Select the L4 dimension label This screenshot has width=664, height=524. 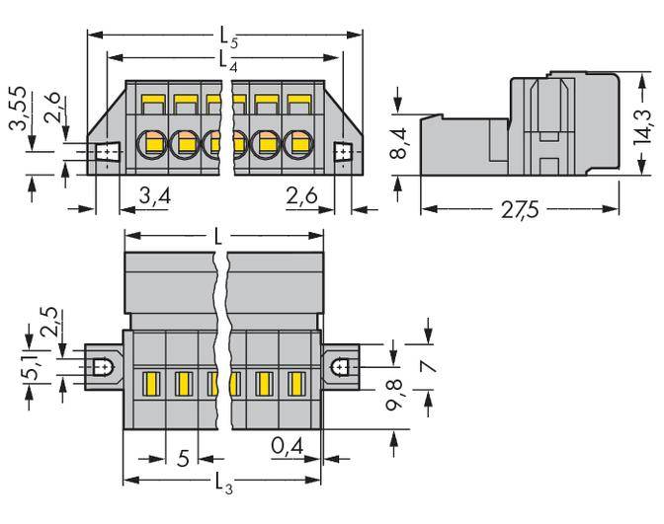click(225, 62)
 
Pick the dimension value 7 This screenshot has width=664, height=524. click(429, 367)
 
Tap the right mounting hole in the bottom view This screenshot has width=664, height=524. click(340, 366)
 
